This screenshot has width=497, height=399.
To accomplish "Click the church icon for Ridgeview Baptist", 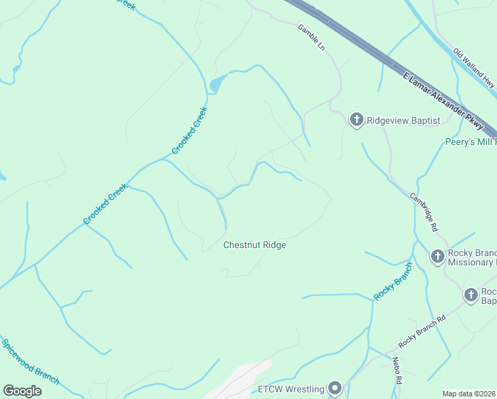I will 357,120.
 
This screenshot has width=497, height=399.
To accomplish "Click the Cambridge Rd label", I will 423,212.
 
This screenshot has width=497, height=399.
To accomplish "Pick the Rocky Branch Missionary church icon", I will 437,256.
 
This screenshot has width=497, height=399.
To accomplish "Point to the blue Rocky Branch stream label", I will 393,281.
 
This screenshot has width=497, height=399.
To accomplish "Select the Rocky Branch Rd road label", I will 422,330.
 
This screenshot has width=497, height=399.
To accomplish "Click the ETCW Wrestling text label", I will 291,388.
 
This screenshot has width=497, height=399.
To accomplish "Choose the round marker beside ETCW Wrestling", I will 335,388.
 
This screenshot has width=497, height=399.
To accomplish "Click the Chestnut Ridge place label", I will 254,245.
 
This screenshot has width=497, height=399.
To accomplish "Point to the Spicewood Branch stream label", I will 31,362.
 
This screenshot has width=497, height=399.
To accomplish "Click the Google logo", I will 22,391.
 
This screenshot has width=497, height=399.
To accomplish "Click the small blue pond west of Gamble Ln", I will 217,84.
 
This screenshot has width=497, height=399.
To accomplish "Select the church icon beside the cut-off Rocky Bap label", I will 470,295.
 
